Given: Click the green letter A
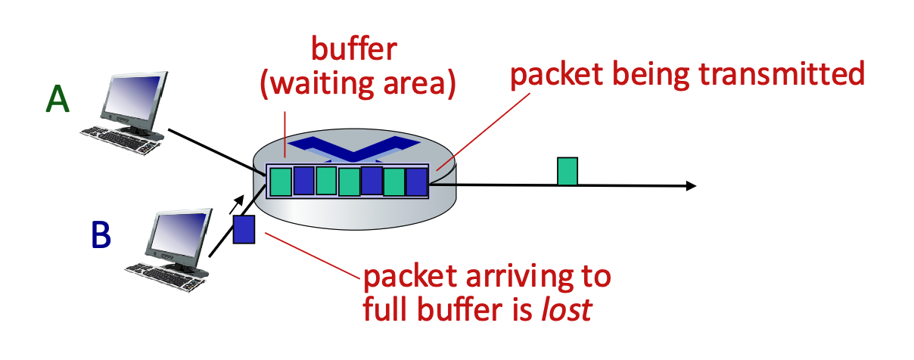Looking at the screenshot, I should point(58,98).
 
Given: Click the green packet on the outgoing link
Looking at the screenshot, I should point(567,171).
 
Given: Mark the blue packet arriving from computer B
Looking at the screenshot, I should point(244,229).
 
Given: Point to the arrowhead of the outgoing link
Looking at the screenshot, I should point(689,185).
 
